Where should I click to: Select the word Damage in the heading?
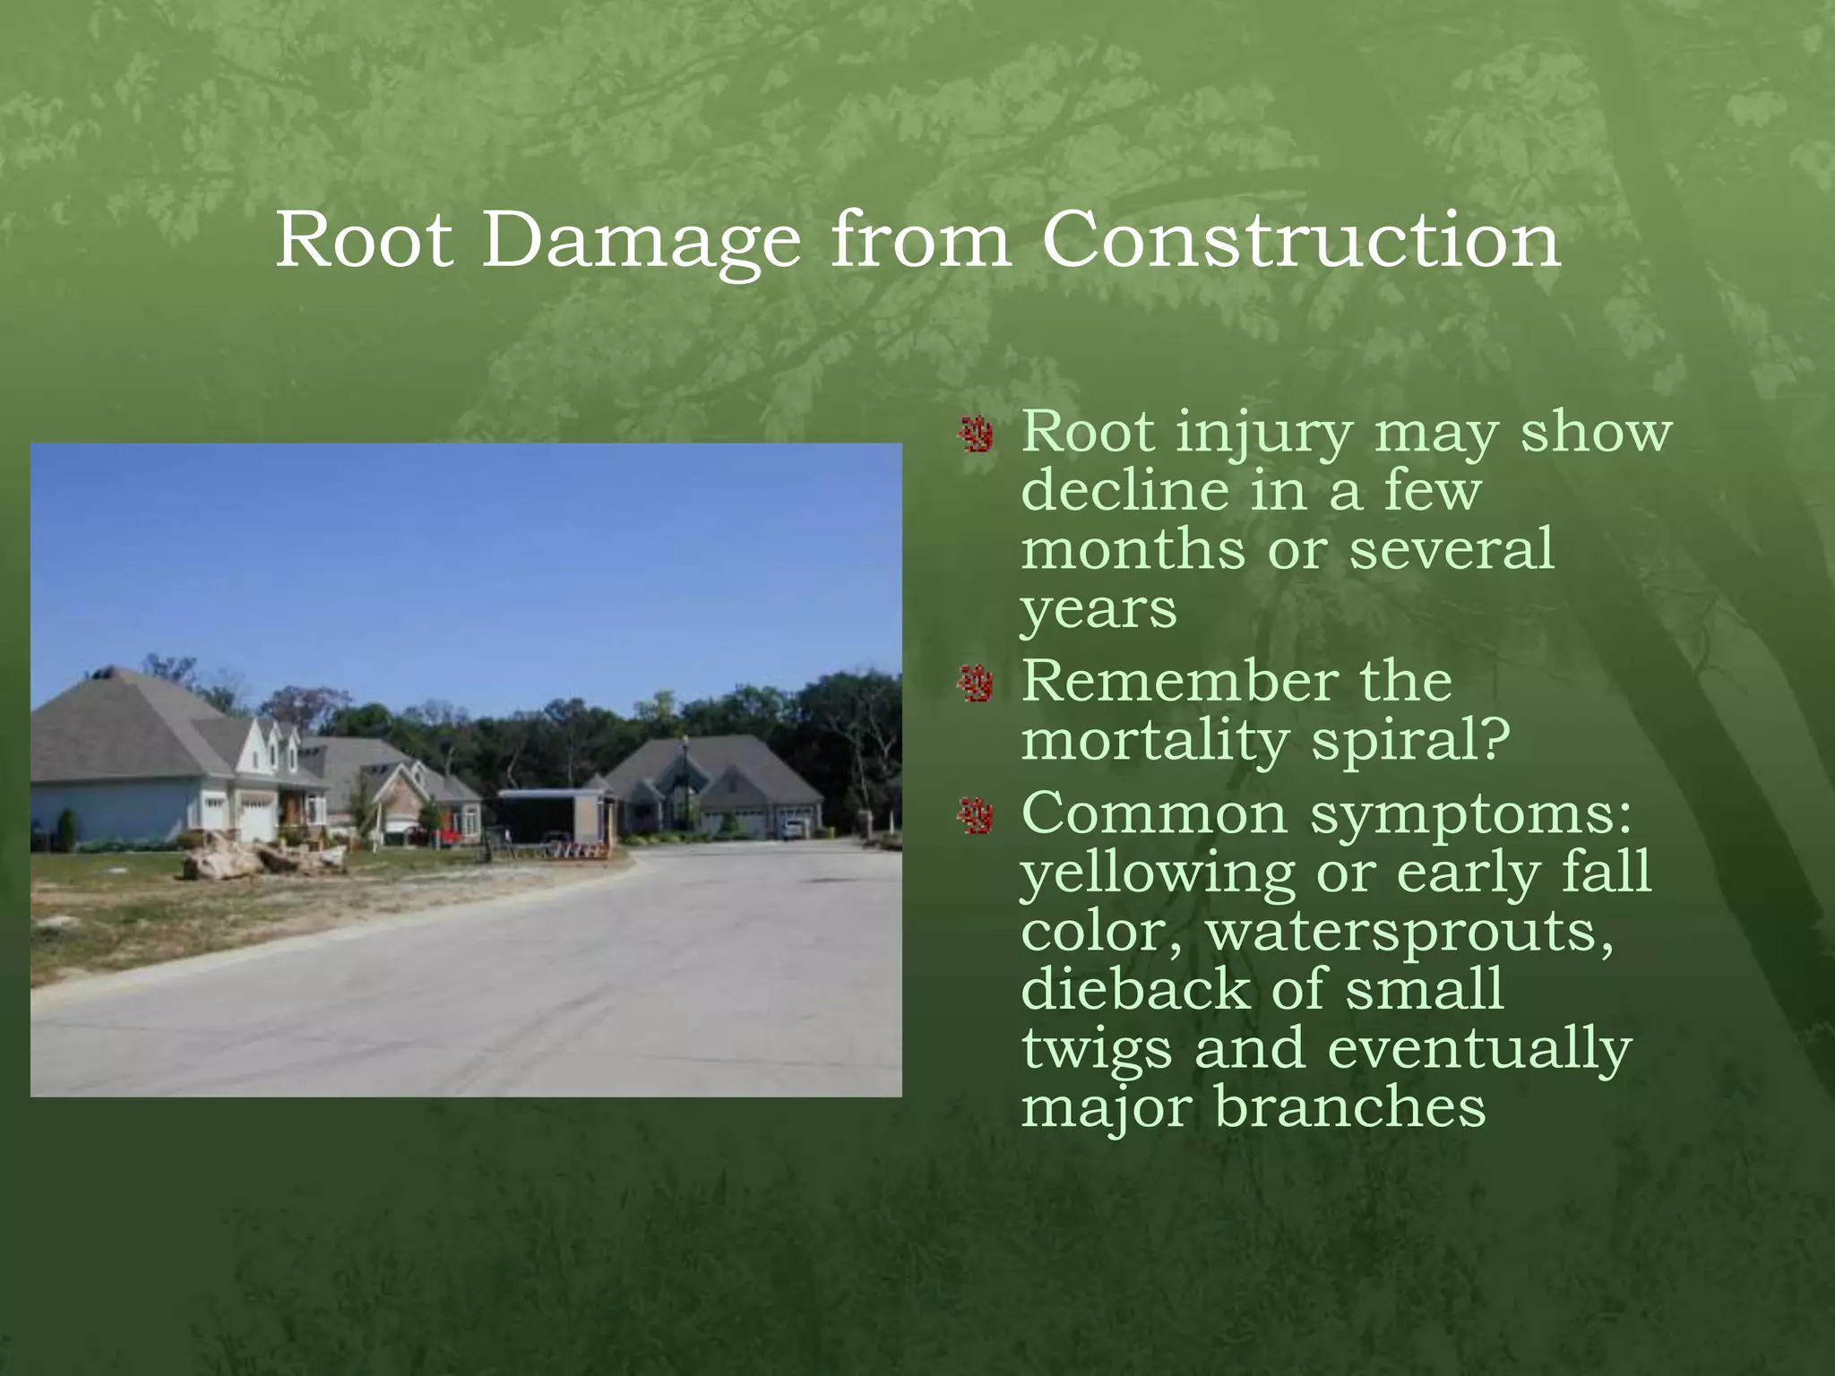[641, 242]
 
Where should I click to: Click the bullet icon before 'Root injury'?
[975, 436]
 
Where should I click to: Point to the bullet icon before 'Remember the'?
[975, 685]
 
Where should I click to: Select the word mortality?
[1154, 742]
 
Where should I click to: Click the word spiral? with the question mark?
[1410, 742]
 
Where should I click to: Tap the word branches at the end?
[1349, 1106]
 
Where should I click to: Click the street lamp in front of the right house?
[685, 779]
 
